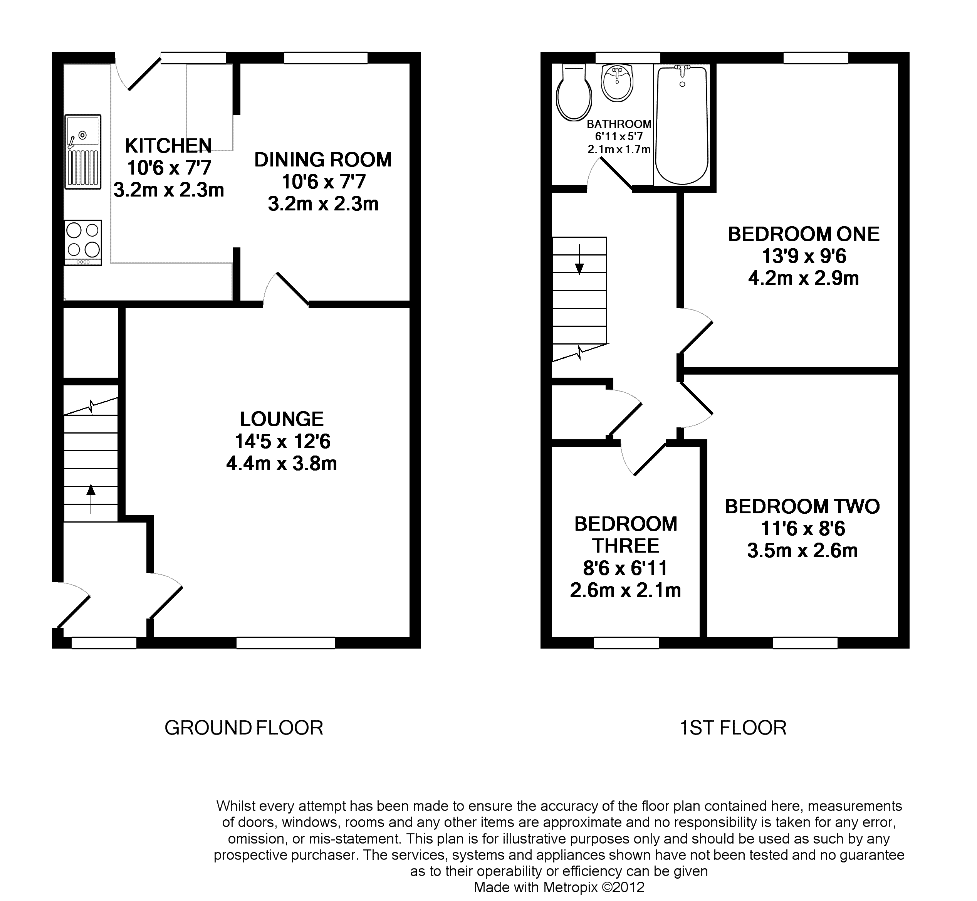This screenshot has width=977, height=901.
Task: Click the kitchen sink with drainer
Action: tap(83, 151)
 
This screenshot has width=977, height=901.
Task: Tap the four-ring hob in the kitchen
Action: tap(83, 242)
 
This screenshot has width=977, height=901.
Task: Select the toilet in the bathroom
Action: tap(574, 93)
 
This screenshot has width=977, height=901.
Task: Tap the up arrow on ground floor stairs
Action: tap(91, 499)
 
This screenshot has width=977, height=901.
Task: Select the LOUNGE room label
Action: tap(282, 419)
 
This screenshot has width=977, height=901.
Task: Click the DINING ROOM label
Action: tap(323, 160)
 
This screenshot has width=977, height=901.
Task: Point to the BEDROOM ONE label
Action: tap(804, 235)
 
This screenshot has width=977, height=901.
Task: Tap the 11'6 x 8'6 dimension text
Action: tap(802, 528)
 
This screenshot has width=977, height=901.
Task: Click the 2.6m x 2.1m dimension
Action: tap(625, 590)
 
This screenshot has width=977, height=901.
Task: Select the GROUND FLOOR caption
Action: tap(243, 728)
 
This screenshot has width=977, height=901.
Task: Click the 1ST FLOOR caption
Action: tap(733, 728)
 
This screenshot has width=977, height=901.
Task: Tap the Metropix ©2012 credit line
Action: tap(559, 887)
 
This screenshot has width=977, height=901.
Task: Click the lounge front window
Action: tap(285, 643)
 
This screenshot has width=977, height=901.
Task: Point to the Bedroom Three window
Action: tap(626, 643)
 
